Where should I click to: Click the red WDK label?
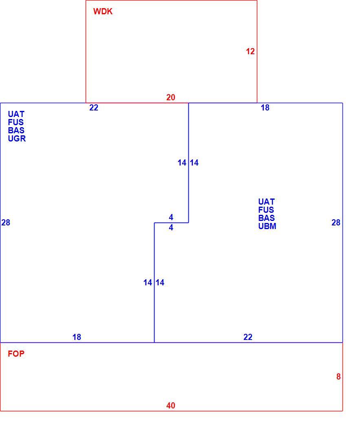(x=103, y=11)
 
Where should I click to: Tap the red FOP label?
(x=16, y=354)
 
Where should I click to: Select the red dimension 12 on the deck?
(x=250, y=51)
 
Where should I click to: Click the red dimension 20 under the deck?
(x=170, y=97)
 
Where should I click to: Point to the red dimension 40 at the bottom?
(x=170, y=406)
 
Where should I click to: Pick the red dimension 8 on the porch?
(x=338, y=377)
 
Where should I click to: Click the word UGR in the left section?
(x=17, y=139)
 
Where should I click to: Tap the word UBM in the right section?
(x=267, y=226)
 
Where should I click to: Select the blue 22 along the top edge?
(x=94, y=108)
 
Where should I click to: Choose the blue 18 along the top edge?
(x=265, y=108)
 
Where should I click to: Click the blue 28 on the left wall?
(x=6, y=223)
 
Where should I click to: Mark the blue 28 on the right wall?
(x=336, y=223)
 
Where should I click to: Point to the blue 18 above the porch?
(x=77, y=337)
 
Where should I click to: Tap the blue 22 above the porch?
(x=248, y=337)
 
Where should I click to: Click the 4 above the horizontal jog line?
(x=171, y=217)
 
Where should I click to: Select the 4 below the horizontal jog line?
(x=171, y=227)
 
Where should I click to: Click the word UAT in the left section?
(x=16, y=114)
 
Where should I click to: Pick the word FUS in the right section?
(x=266, y=210)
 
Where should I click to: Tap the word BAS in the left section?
(x=16, y=130)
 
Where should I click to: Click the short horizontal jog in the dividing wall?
(x=171, y=223)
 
